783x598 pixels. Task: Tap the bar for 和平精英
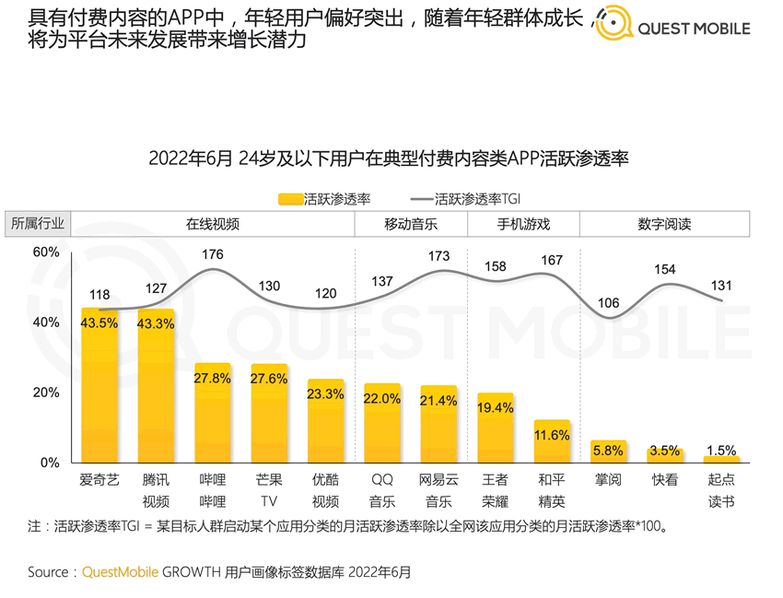[552, 441]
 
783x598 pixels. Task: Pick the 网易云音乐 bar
[438, 424]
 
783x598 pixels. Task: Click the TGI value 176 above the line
[213, 254]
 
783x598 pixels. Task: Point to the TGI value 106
[608, 303]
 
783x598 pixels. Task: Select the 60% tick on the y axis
[46, 252]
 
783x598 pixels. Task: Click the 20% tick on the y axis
[46, 393]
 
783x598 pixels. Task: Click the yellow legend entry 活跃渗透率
[323, 197]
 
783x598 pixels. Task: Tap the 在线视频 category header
[213, 224]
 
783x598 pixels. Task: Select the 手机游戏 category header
[523, 224]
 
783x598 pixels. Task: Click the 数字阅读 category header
[664, 224]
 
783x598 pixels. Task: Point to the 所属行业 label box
[38, 224]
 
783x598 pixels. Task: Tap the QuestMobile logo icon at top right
[614, 24]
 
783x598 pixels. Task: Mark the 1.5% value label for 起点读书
[721, 450]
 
